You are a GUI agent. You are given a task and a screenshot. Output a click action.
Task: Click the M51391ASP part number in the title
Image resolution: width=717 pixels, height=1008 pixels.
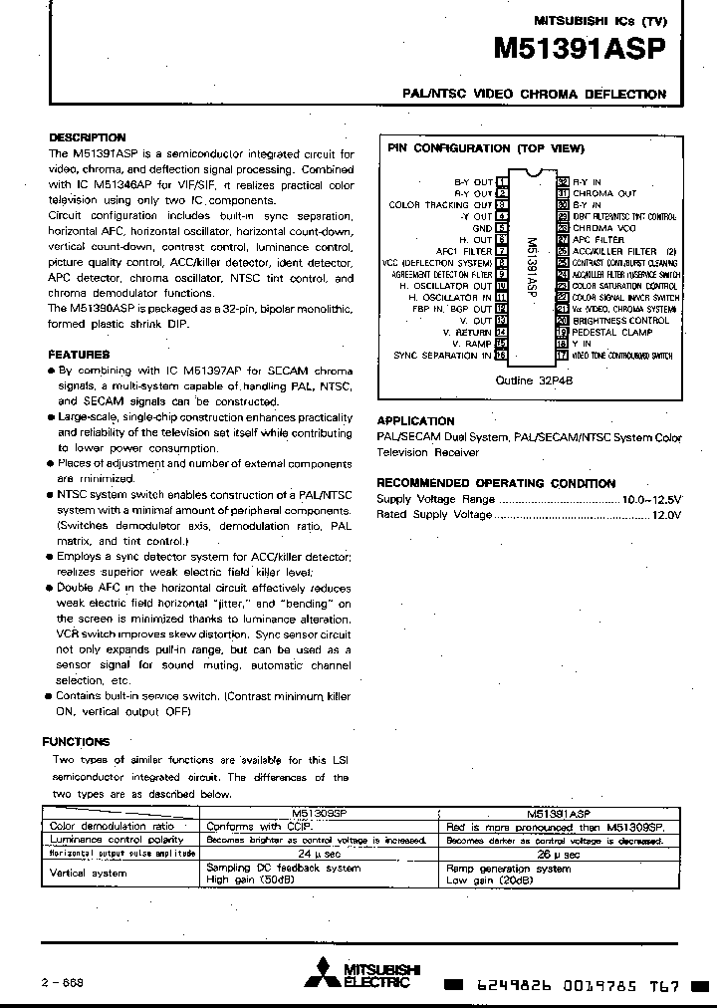point(579,51)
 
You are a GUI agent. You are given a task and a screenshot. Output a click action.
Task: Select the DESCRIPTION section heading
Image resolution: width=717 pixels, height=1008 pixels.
point(88,137)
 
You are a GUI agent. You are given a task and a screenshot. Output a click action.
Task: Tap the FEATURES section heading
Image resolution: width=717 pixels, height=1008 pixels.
point(79,355)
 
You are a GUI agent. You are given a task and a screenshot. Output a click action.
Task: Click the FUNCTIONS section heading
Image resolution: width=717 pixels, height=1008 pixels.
point(76,742)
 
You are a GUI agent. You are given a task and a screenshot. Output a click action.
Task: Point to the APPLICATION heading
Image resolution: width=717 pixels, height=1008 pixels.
point(415,421)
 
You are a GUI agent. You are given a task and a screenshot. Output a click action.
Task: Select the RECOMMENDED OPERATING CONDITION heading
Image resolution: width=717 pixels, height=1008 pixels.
point(496,483)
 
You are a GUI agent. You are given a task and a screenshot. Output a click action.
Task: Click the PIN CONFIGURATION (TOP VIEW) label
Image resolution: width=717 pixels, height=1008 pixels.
point(485,148)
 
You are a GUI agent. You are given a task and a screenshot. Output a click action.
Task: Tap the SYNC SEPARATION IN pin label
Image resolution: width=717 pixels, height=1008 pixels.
point(442,355)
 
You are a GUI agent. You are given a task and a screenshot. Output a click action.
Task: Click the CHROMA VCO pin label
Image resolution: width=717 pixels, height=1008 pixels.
point(604,228)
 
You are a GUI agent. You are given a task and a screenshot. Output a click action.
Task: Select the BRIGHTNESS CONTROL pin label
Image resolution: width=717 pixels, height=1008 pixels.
point(620,321)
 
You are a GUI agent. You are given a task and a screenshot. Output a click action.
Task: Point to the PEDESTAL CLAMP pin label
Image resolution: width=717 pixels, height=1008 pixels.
point(612,332)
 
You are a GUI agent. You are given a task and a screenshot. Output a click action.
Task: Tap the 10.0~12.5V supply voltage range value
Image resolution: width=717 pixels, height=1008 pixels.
point(651,499)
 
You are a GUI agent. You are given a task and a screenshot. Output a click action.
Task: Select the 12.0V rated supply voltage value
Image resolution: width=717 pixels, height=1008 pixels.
point(666,515)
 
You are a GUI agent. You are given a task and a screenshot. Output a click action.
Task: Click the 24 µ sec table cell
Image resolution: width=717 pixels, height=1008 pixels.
point(320,854)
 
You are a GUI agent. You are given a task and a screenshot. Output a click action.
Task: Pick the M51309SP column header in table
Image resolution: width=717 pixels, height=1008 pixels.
point(320,814)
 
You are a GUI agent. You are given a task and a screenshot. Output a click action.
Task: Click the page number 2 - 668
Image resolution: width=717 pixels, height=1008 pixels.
point(63,981)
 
